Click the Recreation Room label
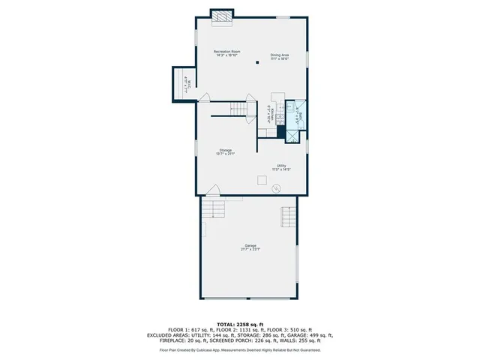point(226,52)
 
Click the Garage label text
point(250,247)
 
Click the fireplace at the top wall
point(221,17)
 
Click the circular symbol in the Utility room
point(276,187)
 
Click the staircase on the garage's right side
point(288,217)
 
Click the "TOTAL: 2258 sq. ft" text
point(239,322)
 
